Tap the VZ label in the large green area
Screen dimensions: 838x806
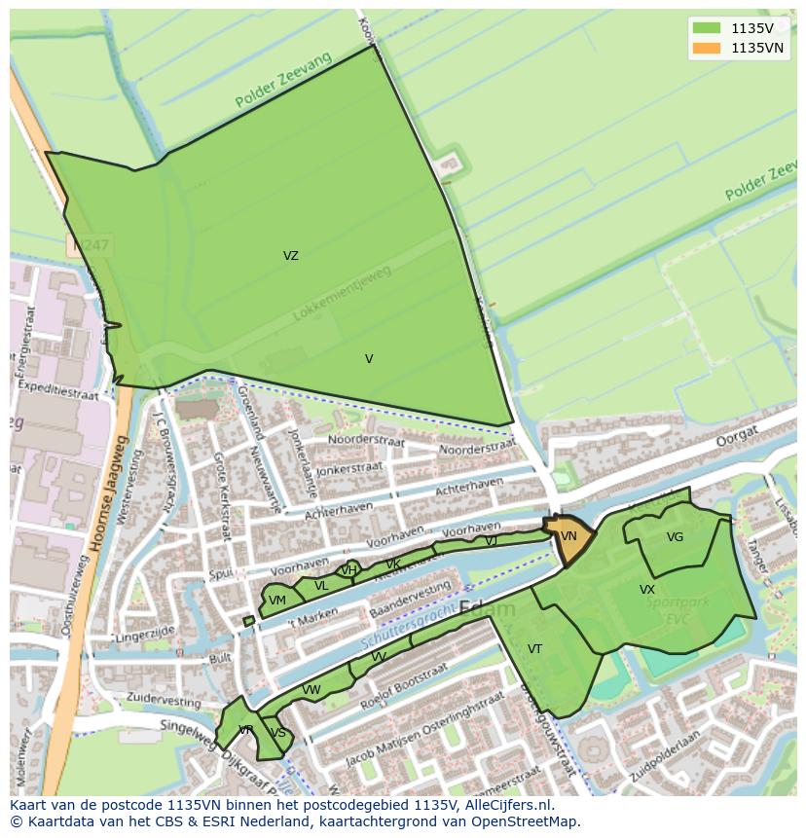[x=290, y=256]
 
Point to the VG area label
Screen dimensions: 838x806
[x=675, y=537]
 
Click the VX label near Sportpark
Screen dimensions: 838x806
[x=646, y=590]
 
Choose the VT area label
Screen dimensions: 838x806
[x=534, y=649]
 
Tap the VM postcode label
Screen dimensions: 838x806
[x=277, y=601]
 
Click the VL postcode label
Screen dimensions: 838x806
[x=321, y=586]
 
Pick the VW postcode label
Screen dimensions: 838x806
[x=311, y=690]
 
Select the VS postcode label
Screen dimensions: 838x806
[x=278, y=733]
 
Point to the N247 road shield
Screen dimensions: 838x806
[x=89, y=246]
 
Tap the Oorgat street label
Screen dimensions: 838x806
[x=711, y=441]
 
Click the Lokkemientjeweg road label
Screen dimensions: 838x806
[x=342, y=293]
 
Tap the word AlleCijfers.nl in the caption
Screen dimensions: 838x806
[x=506, y=805]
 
